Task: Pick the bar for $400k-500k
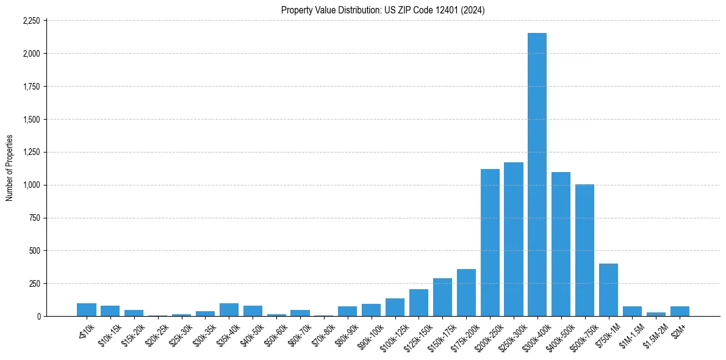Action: click(x=561, y=244)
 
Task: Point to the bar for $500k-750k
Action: click(x=584, y=250)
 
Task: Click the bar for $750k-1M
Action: click(x=608, y=290)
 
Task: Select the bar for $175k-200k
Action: click(x=466, y=293)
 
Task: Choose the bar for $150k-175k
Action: click(x=442, y=297)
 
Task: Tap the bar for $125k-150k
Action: click(x=419, y=303)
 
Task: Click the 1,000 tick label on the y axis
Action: click(x=31, y=185)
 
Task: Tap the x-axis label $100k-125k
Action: click(x=390, y=334)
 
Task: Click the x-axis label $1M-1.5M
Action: click(x=629, y=334)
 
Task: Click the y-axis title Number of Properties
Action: click(x=9, y=168)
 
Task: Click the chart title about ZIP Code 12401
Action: click(x=383, y=10)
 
